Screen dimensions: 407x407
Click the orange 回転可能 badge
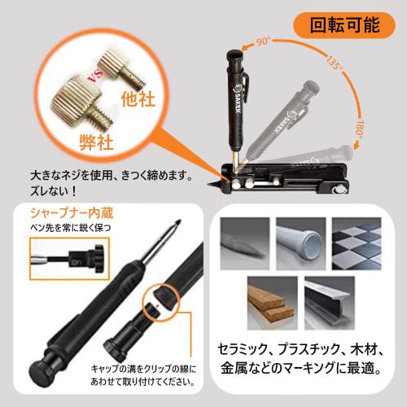click(x=344, y=24)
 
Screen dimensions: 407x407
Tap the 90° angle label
click(x=263, y=40)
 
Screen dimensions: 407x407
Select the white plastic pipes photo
click(x=300, y=239)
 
